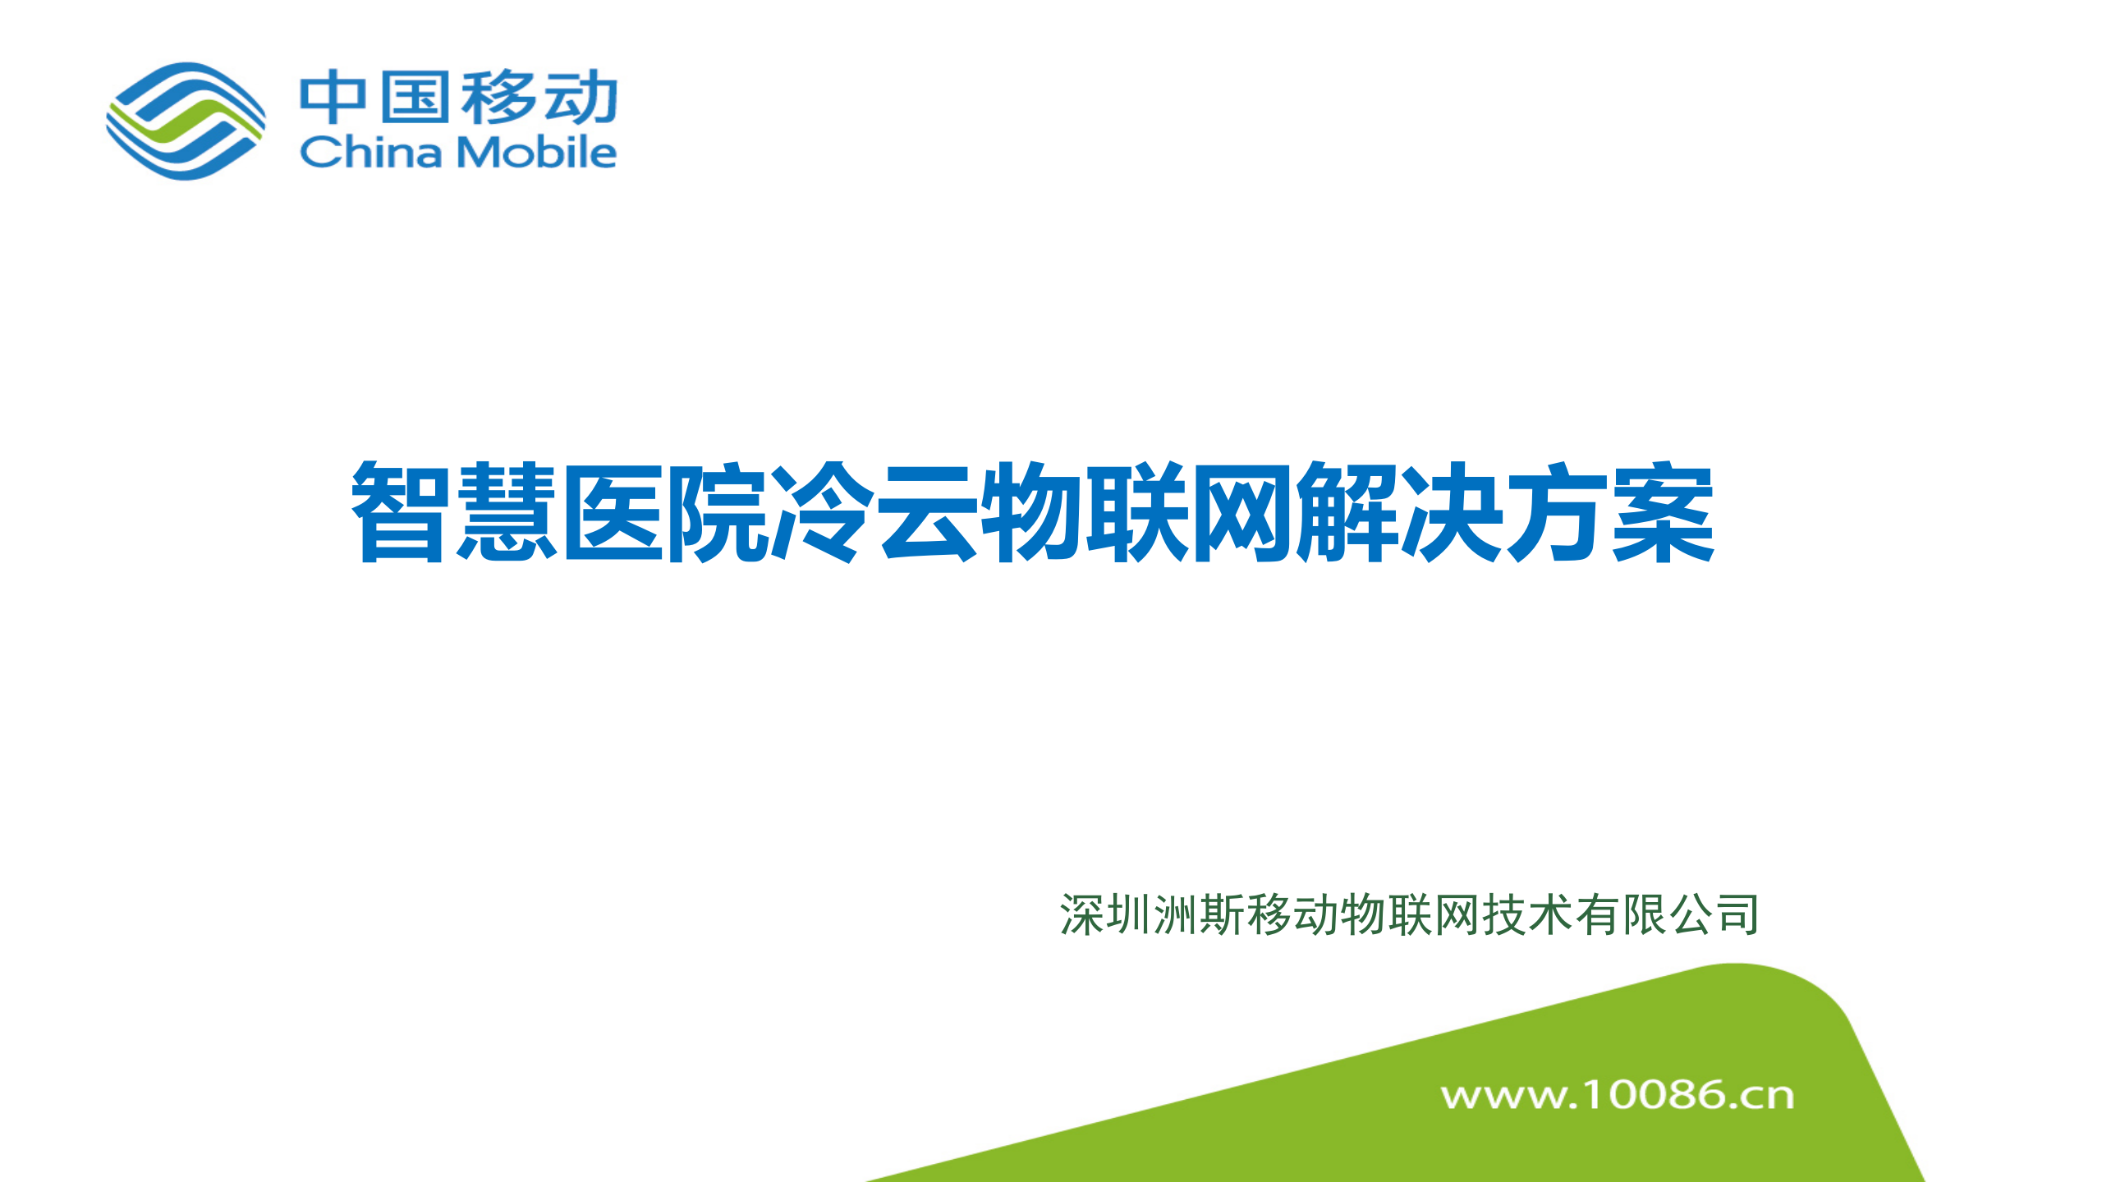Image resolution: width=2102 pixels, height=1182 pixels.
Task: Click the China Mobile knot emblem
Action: (186, 121)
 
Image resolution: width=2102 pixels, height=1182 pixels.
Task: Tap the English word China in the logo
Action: (371, 152)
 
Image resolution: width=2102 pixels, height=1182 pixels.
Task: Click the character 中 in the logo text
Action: (333, 98)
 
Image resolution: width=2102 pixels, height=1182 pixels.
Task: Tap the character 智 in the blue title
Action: (400, 511)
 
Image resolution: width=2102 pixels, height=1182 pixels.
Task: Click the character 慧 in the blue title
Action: (506, 511)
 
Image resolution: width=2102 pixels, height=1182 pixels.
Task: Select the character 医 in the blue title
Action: (612, 513)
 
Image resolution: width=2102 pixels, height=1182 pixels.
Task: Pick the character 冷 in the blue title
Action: (821, 511)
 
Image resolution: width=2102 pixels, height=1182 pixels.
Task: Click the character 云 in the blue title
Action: (927, 513)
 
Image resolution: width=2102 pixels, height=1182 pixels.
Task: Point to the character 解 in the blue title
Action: (1347, 511)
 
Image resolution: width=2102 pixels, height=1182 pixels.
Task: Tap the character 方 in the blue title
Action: (1558, 511)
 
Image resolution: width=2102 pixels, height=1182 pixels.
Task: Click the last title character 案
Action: (1664, 511)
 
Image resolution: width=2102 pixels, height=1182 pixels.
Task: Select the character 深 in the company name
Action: (1081, 915)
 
